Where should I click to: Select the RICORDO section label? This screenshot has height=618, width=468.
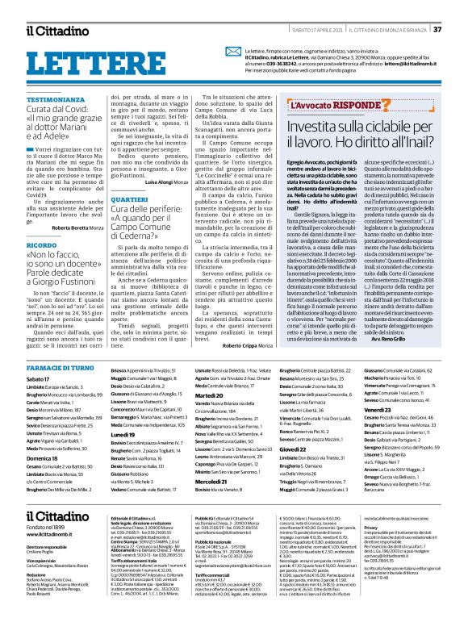tap(42, 220)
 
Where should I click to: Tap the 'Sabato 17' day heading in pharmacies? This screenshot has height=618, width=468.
tap(38, 356)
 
